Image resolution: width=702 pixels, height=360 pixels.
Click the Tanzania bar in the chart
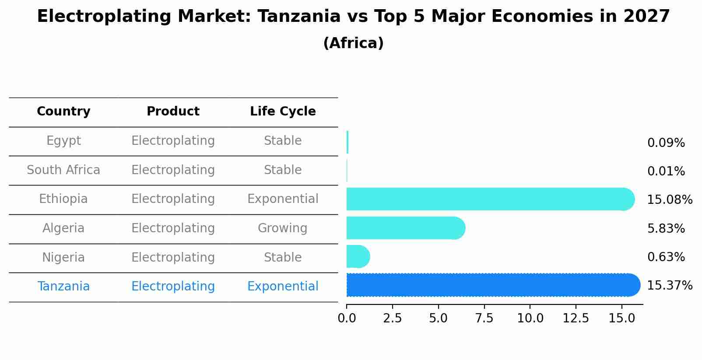(492, 285)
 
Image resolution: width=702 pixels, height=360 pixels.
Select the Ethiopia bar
(490, 199)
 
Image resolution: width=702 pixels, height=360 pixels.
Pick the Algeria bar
(405, 228)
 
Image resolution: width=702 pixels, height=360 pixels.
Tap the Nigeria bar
(358, 256)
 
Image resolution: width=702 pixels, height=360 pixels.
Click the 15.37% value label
(670, 286)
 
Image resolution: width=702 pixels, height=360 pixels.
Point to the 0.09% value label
(666, 143)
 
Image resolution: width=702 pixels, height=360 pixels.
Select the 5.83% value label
(666, 228)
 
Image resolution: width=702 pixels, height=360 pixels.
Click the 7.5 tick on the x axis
(484, 318)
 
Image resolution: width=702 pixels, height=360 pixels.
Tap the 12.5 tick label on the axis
(576, 318)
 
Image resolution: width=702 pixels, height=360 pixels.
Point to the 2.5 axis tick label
(392, 318)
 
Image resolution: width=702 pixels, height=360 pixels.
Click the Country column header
(63, 112)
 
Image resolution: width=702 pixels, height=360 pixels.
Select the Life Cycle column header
(283, 112)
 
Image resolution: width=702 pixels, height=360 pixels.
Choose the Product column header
(173, 112)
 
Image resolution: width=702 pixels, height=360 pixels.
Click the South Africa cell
(63, 170)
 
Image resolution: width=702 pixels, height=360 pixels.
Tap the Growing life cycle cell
(282, 228)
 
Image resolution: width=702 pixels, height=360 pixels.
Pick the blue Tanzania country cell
(63, 287)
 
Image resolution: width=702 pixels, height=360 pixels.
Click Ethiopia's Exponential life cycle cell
(283, 199)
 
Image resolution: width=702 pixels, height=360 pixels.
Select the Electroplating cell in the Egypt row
(173, 141)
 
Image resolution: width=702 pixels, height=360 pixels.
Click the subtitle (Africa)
(353, 43)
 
